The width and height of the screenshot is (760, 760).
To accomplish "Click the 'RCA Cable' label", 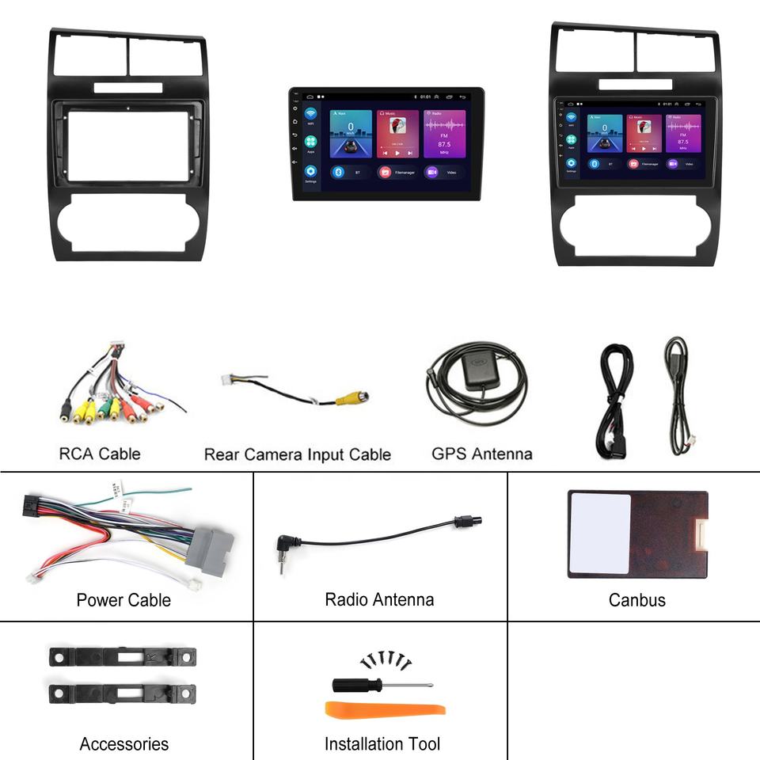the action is click(99, 454).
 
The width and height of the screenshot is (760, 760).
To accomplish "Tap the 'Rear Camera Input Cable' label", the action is click(297, 454).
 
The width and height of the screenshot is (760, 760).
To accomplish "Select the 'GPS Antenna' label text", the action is click(481, 454).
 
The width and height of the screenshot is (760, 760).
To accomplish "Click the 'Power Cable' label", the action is click(123, 600).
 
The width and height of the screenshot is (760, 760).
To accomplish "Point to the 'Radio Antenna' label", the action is click(379, 599).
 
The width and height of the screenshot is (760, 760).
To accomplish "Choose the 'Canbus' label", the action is click(636, 600).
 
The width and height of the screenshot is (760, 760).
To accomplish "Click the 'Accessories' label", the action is click(124, 744).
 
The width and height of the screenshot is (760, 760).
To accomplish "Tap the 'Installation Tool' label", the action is click(382, 744).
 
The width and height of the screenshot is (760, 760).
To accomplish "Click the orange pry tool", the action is click(386, 709).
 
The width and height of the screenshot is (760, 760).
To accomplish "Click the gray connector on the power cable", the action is click(210, 547).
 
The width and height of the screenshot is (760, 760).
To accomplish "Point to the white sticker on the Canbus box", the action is click(600, 534).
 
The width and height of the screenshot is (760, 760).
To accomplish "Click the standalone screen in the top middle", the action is click(386, 143).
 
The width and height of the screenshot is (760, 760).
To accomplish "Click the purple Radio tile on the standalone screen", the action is click(445, 134).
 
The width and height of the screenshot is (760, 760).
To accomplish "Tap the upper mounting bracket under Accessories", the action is click(123, 656).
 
